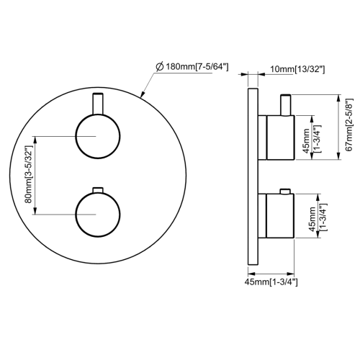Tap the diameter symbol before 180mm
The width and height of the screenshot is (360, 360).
point(160,67)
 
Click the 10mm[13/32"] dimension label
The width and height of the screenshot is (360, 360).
point(296,69)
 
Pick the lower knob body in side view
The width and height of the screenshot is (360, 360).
point(279,215)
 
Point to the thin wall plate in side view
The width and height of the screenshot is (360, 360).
point(251,176)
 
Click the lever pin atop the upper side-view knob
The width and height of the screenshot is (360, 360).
point(286,104)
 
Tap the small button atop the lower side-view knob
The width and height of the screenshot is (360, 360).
point(286,191)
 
